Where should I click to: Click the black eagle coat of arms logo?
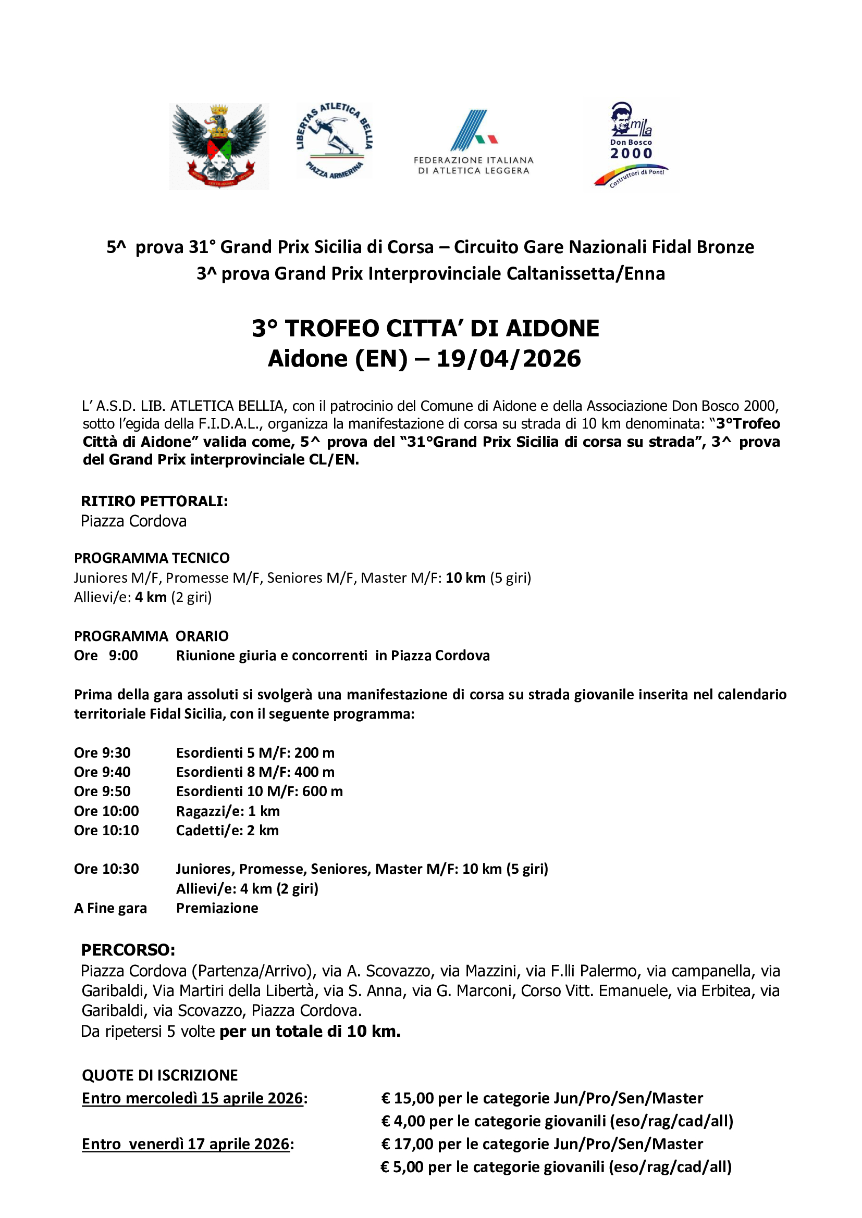pos(219,146)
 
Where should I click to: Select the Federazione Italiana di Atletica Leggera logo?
pos(473,142)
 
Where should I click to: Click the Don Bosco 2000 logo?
pos(631,144)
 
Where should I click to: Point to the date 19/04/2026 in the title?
pos(509,359)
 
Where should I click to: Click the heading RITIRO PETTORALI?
pos(154,501)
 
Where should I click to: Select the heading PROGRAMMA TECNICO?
pos(152,558)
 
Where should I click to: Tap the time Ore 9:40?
pos(102,772)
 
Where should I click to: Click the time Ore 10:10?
pos(106,830)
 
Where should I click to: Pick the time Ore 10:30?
pos(106,869)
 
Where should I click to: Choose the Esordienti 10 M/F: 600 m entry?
pos(259,792)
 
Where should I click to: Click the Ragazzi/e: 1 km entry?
pos(228,811)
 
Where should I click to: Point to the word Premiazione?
pos(217,908)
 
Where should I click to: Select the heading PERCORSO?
pos(128,950)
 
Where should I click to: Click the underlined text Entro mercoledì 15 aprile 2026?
pos(193,1098)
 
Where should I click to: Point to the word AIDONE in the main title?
pos(552,329)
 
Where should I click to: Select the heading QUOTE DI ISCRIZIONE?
pos(160,1075)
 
